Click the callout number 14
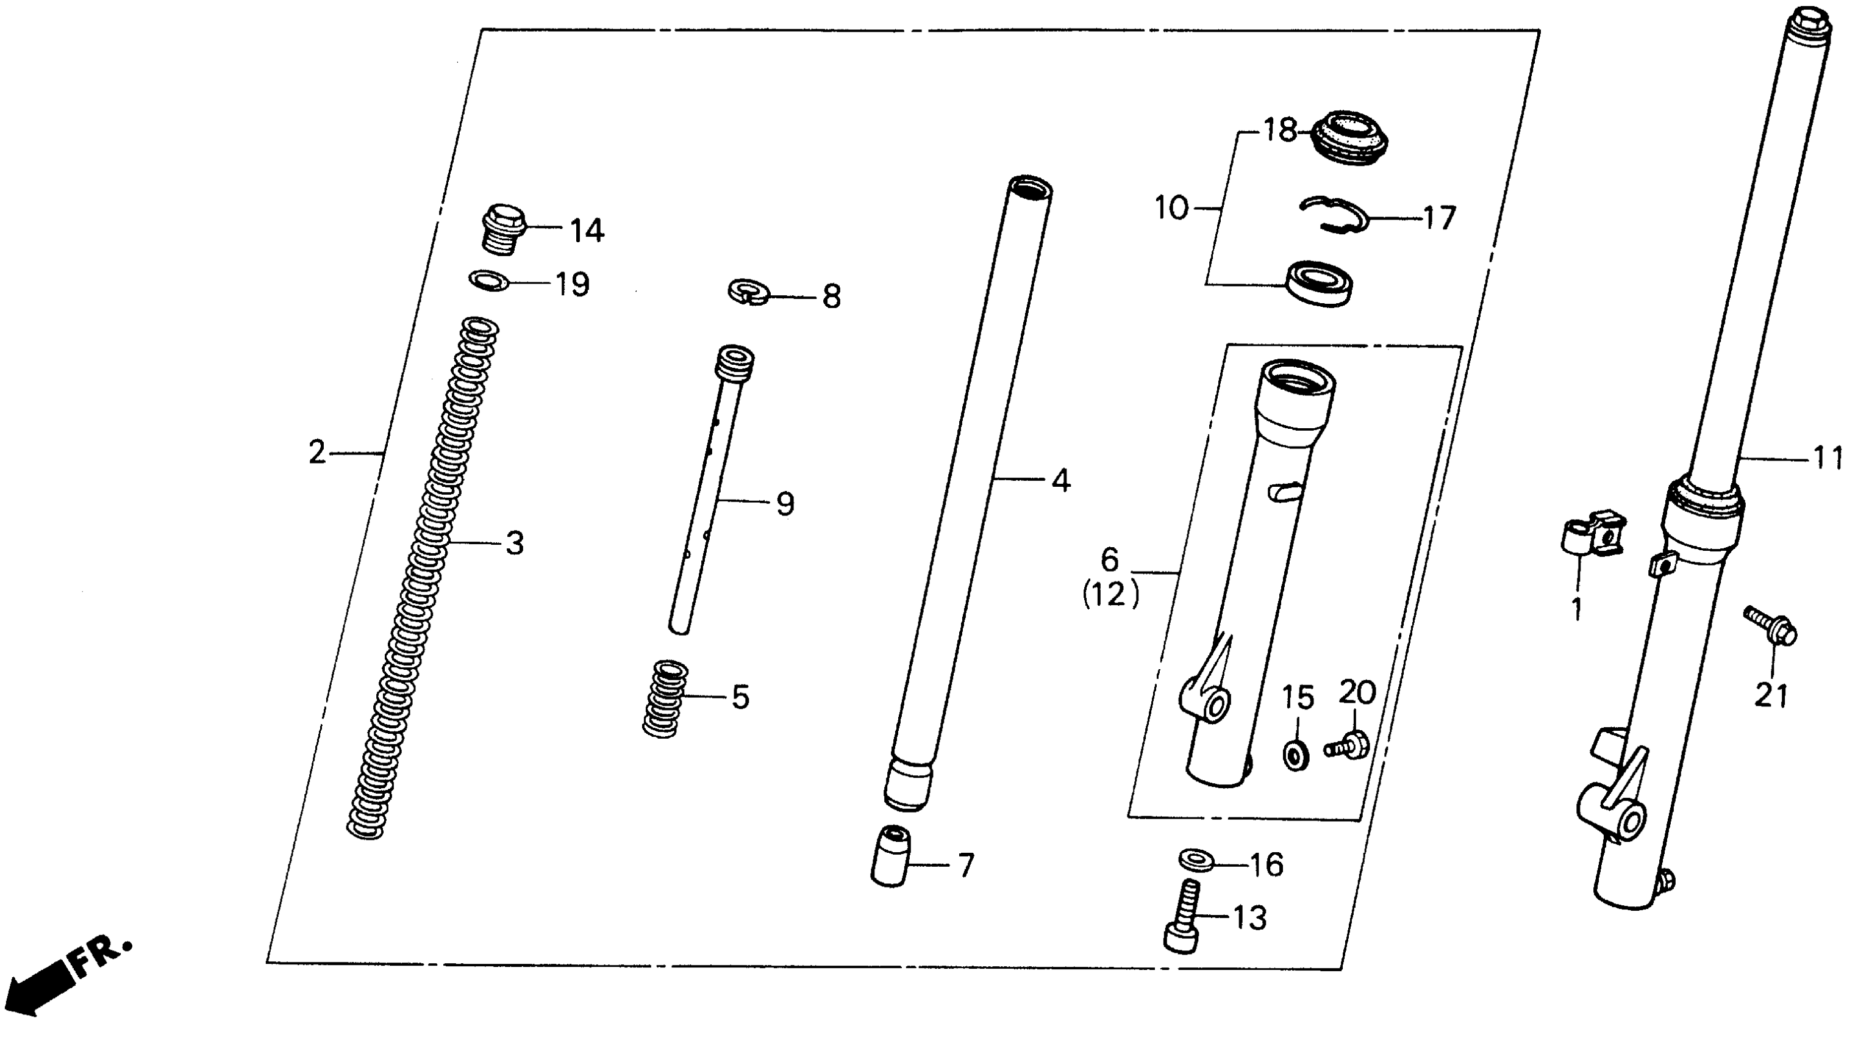pyautogui.click(x=587, y=231)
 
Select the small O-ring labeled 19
pyautogui.click(x=488, y=279)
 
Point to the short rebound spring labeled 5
pyautogui.click(x=665, y=698)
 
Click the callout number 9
pyautogui.click(x=785, y=504)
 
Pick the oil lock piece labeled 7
pyautogui.click(x=891, y=856)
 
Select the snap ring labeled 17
pyautogui.click(x=1334, y=215)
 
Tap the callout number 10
pyautogui.click(x=1171, y=209)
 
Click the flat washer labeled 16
pyautogui.click(x=1196, y=860)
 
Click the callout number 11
pyautogui.click(x=1828, y=458)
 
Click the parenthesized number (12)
pyautogui.click(x=1110, y=595)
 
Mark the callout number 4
pyautogui.click(x=1060, y=481)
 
